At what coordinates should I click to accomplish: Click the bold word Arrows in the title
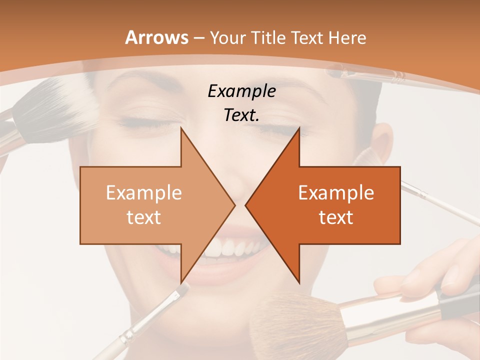tap(156, 37)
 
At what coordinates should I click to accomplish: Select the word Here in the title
tap(347, 37)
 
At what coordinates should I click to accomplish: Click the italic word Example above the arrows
tap(241, 91)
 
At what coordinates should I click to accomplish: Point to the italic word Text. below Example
tap(241, 115)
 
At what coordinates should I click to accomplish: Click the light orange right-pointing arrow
tap(150, 205)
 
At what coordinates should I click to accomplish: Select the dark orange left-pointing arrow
tap(330, 205)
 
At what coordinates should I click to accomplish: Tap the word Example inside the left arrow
tap(144, 192)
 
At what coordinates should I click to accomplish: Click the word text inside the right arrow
tap(336, 217)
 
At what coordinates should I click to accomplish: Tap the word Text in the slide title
tap(308, 37)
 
